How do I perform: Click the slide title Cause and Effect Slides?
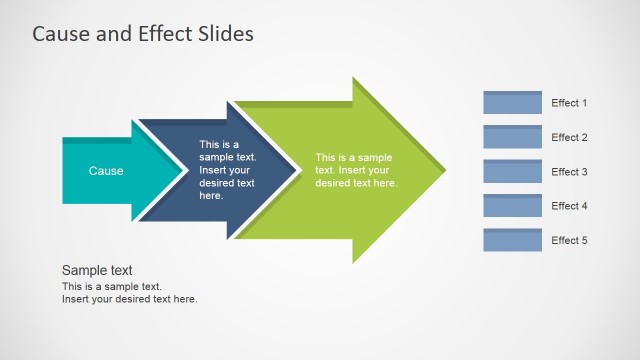coord(143,34)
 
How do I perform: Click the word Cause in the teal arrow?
coord(106,171)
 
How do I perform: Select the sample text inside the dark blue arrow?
coord(227,170)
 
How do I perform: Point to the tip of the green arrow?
coord(443,170)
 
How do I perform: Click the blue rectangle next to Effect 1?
coord(512,103)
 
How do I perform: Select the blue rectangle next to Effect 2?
coord(512,137)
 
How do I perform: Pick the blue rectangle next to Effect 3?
coord(512,171)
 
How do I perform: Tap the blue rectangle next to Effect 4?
coord(512,205)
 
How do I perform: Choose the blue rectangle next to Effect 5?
coord(512,240)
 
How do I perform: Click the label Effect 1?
coord(569,103)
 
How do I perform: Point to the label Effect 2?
coord(569,137)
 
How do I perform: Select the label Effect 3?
coord(569,172)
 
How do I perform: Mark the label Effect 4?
coord(569,206)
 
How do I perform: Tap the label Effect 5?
coord(569,240)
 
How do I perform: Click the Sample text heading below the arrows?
coord(97,270)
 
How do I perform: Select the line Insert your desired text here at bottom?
coord(129,299)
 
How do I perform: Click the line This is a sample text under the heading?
coord(111,287)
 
